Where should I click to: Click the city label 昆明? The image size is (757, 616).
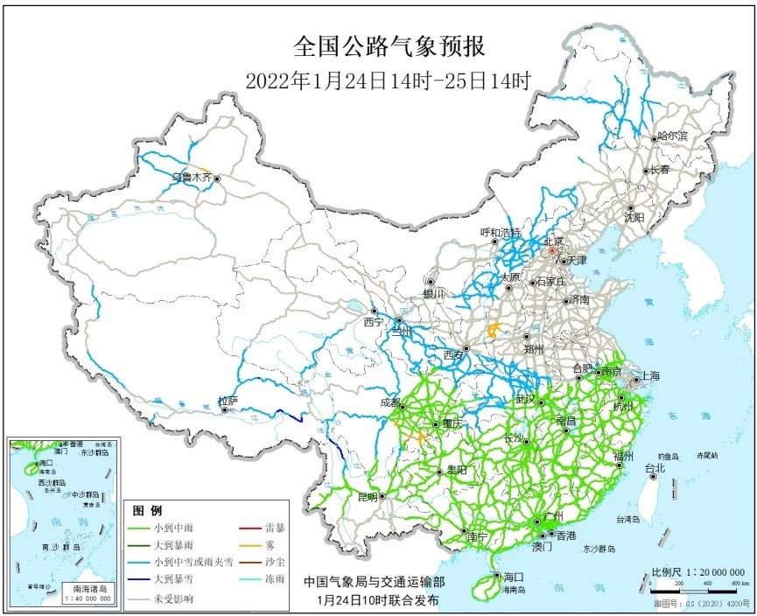367,497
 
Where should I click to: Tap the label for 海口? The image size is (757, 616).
513,577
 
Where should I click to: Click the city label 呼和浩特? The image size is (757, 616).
501,233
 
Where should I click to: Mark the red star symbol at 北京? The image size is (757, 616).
552,251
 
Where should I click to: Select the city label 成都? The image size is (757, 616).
390,403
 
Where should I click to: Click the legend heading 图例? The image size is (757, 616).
148,510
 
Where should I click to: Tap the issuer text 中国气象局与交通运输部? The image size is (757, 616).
374,582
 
